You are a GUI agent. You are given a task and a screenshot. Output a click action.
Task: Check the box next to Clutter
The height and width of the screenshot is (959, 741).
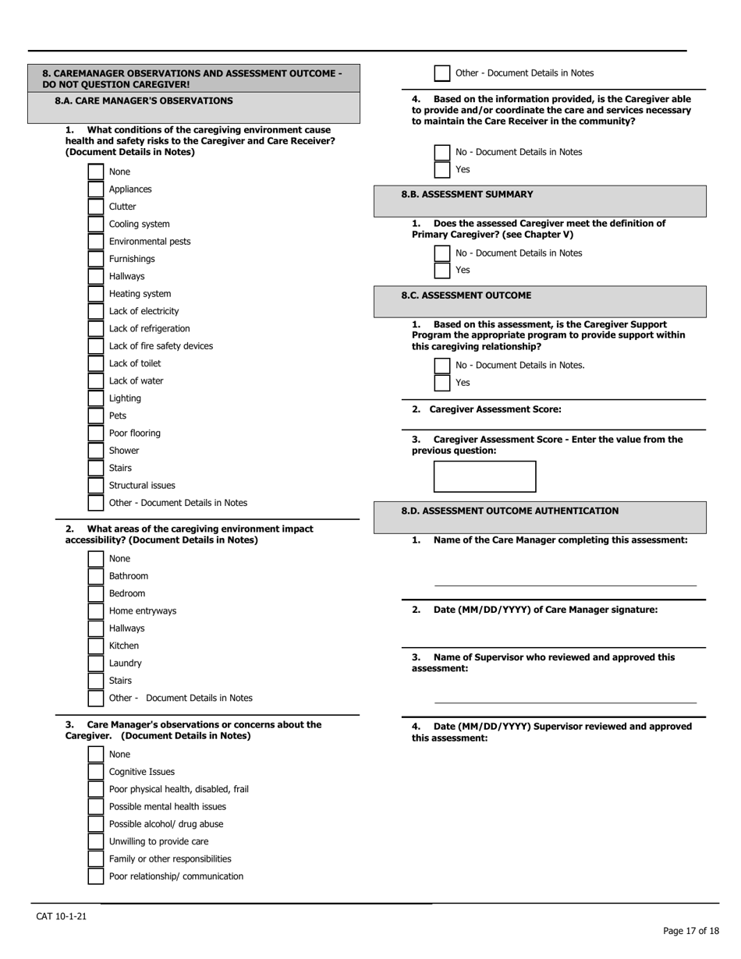(96, 207)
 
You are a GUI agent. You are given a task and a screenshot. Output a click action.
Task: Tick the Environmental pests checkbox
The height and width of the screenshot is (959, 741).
(96, 242)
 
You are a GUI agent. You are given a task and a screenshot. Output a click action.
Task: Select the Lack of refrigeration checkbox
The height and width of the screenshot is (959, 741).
(96, 329)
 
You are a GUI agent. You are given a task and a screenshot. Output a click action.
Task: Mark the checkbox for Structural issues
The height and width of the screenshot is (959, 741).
(96, 486)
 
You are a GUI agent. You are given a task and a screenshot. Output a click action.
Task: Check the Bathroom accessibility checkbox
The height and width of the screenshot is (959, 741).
(96, 576)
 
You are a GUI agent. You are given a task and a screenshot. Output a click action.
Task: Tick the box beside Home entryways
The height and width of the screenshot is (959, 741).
(96, 611)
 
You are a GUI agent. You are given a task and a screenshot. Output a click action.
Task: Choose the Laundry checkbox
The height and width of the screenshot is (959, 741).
(96, 664)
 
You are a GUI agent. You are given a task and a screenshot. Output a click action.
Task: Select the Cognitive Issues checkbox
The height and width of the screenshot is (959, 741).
(96, 772)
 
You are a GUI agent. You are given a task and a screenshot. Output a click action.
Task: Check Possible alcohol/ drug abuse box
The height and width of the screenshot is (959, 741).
(96, 824)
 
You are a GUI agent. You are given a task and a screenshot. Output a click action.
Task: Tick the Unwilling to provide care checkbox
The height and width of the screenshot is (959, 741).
(96, 841)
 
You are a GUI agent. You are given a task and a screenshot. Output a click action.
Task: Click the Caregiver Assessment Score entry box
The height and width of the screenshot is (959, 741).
(484, 476)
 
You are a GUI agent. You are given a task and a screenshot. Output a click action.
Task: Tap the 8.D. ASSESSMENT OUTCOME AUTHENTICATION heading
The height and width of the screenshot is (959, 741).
(509, 511)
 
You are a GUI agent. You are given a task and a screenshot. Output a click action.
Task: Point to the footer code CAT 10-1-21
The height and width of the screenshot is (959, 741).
(62, 916)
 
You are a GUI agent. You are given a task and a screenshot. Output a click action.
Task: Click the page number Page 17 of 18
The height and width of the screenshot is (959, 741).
(690, 931)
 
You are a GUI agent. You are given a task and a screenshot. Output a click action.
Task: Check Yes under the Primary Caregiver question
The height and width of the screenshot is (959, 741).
(442, 271)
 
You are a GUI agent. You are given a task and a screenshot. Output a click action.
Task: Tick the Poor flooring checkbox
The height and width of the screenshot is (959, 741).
(96, 433)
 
